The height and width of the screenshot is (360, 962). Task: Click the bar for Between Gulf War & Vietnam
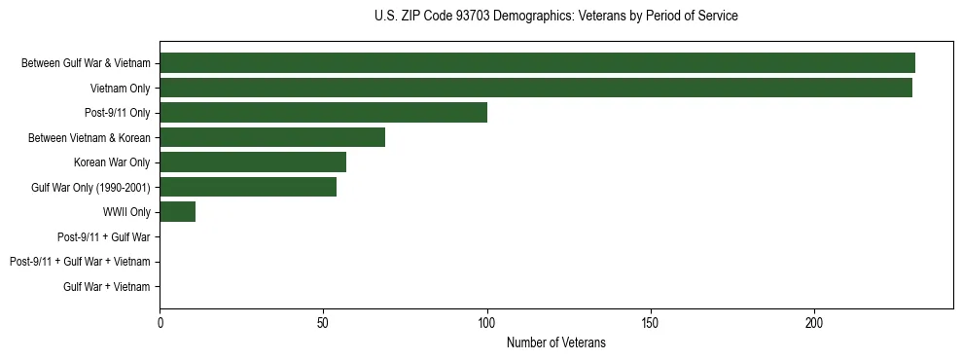(537, 63)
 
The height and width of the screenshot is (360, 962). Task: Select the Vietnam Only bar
(536, 88)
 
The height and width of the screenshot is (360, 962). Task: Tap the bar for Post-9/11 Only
(323, 113)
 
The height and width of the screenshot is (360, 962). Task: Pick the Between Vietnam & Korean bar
(272, 137)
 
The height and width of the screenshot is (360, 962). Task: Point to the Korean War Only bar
(253, 162)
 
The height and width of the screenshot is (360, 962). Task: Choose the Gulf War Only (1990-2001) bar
(248, 187)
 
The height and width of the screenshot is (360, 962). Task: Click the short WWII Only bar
(177, 212)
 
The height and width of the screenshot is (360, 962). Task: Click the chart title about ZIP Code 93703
(555, 17)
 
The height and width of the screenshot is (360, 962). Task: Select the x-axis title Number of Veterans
(555, 342)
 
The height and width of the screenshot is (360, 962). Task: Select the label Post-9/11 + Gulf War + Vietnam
(80, 262)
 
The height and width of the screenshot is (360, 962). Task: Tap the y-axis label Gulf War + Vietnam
(107, 287)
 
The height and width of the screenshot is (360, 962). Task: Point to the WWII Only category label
(126, 212)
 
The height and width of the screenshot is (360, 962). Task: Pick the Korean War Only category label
(112, 162)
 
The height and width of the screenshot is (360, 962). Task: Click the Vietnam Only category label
(120, 88)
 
